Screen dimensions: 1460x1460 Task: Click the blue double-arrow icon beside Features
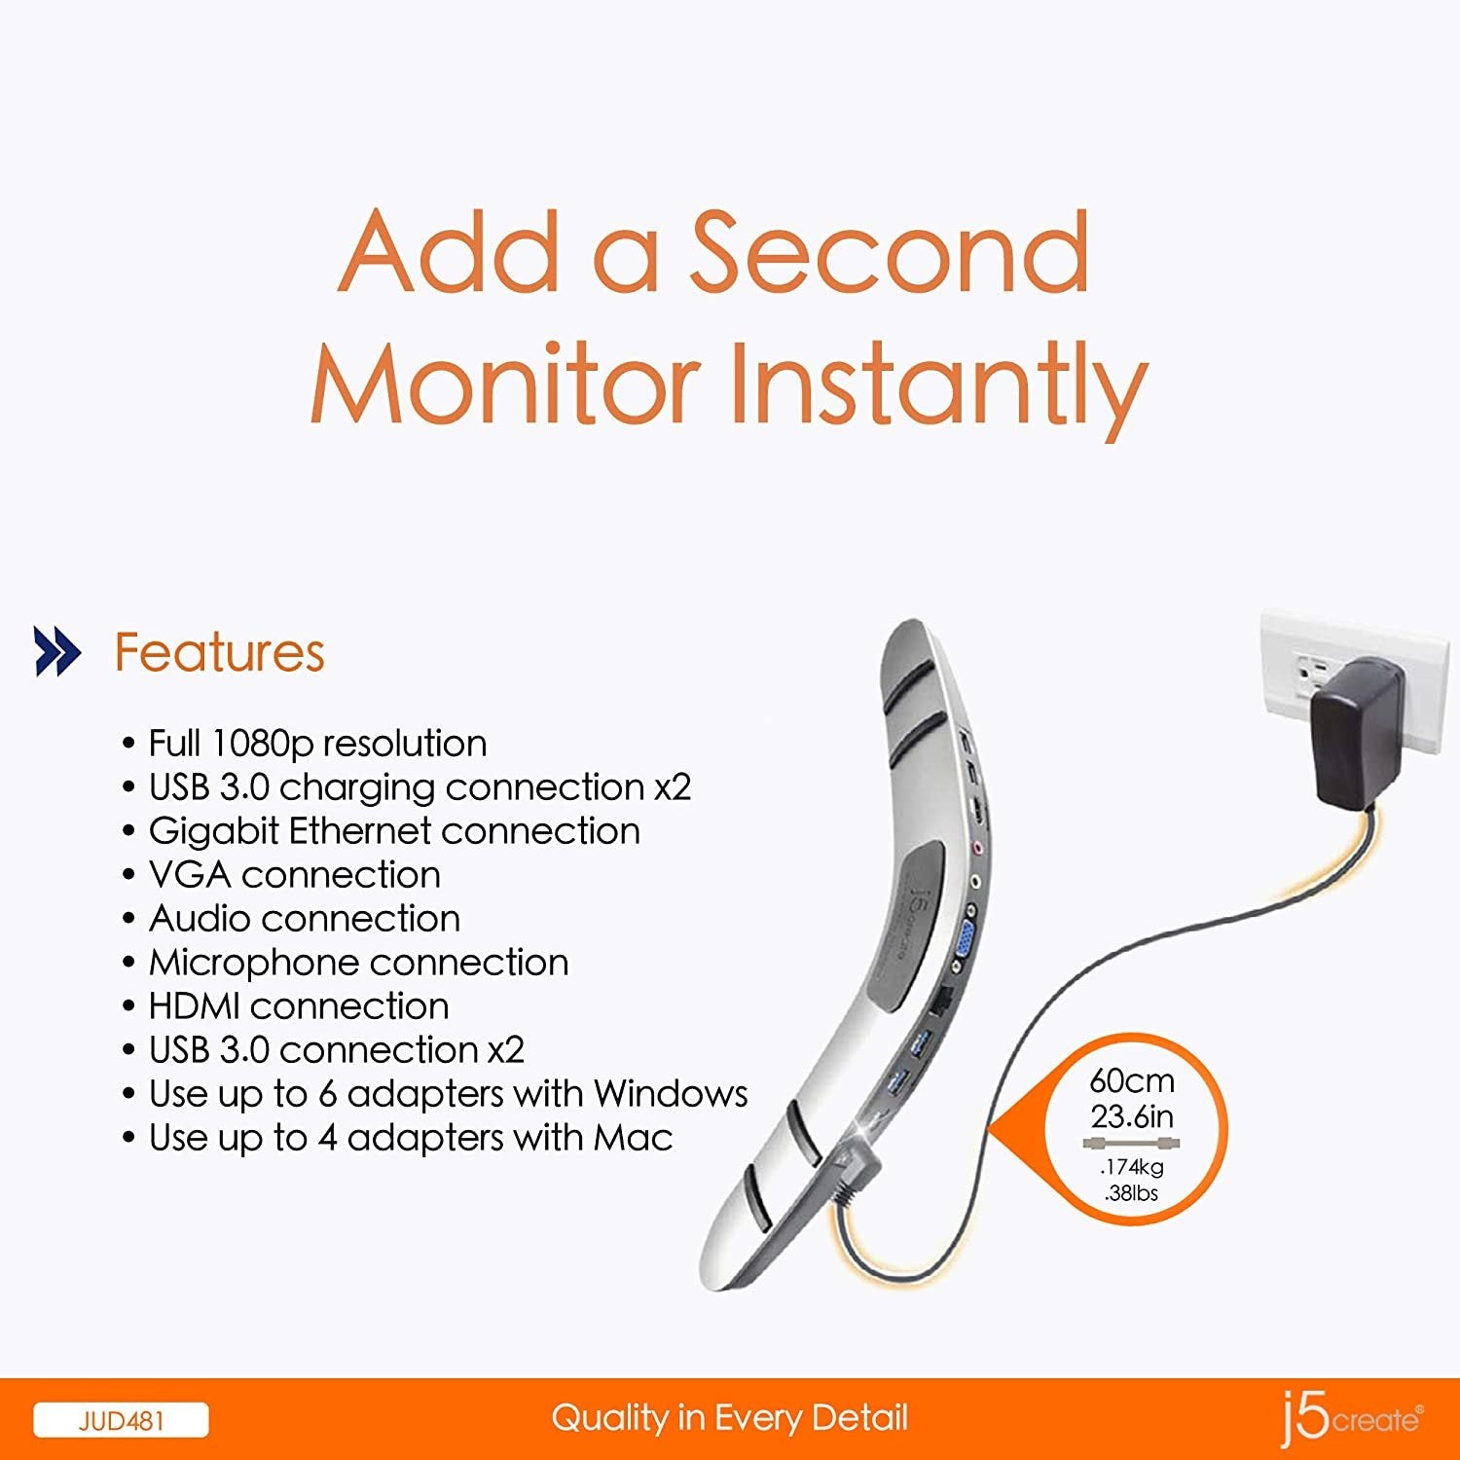(x=57, y=651)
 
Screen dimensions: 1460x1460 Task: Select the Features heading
(x=219, y=652)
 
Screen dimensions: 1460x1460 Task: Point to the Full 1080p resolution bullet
(x=316, y=744)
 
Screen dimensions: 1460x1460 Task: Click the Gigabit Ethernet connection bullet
(x=393, y=831)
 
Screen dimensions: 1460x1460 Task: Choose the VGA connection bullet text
(x=294, y=875)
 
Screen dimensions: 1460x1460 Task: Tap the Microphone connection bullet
(x=357, y=963)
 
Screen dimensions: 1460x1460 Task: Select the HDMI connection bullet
(x=298, y=1006)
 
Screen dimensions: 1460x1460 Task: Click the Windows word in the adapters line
(x=671, y=1094)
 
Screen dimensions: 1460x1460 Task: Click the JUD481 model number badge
(x=121, y=1420)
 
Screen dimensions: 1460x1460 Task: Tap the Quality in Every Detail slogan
(x=729, y=1418)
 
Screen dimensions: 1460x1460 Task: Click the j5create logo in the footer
(x=1351, y=1418)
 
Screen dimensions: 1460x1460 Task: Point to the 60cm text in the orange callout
(x=1131, y=1081)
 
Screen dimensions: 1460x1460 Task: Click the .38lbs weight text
(x=1131, y=1193)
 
